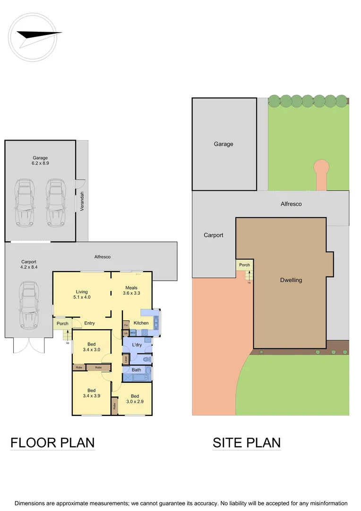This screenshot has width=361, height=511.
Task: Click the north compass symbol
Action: [33, 37]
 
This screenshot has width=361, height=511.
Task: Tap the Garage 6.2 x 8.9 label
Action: [40, 160]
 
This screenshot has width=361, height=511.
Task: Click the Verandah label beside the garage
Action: [82, 201]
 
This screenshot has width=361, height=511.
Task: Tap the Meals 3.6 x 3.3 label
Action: [131, 290]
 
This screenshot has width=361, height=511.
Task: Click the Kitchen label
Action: [141, 323]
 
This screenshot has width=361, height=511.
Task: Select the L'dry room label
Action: [137, 344]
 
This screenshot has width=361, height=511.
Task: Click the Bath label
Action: [137, 370]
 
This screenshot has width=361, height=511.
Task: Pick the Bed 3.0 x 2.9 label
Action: [135, 399]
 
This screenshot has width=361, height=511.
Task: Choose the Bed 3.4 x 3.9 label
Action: [91, 393]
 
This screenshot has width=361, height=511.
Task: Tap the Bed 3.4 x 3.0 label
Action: [91, 347]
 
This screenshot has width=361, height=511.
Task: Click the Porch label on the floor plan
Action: [62, 324]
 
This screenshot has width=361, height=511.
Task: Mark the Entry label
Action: [89, 323]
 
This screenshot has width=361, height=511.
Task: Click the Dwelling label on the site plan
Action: [291, 280]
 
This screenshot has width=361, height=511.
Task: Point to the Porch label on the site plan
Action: [244, 265]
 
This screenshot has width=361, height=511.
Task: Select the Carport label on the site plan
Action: [214, 235]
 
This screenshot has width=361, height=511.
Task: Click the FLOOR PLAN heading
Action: [52, 443]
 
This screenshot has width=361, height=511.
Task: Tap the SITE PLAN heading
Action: [247, 443]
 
